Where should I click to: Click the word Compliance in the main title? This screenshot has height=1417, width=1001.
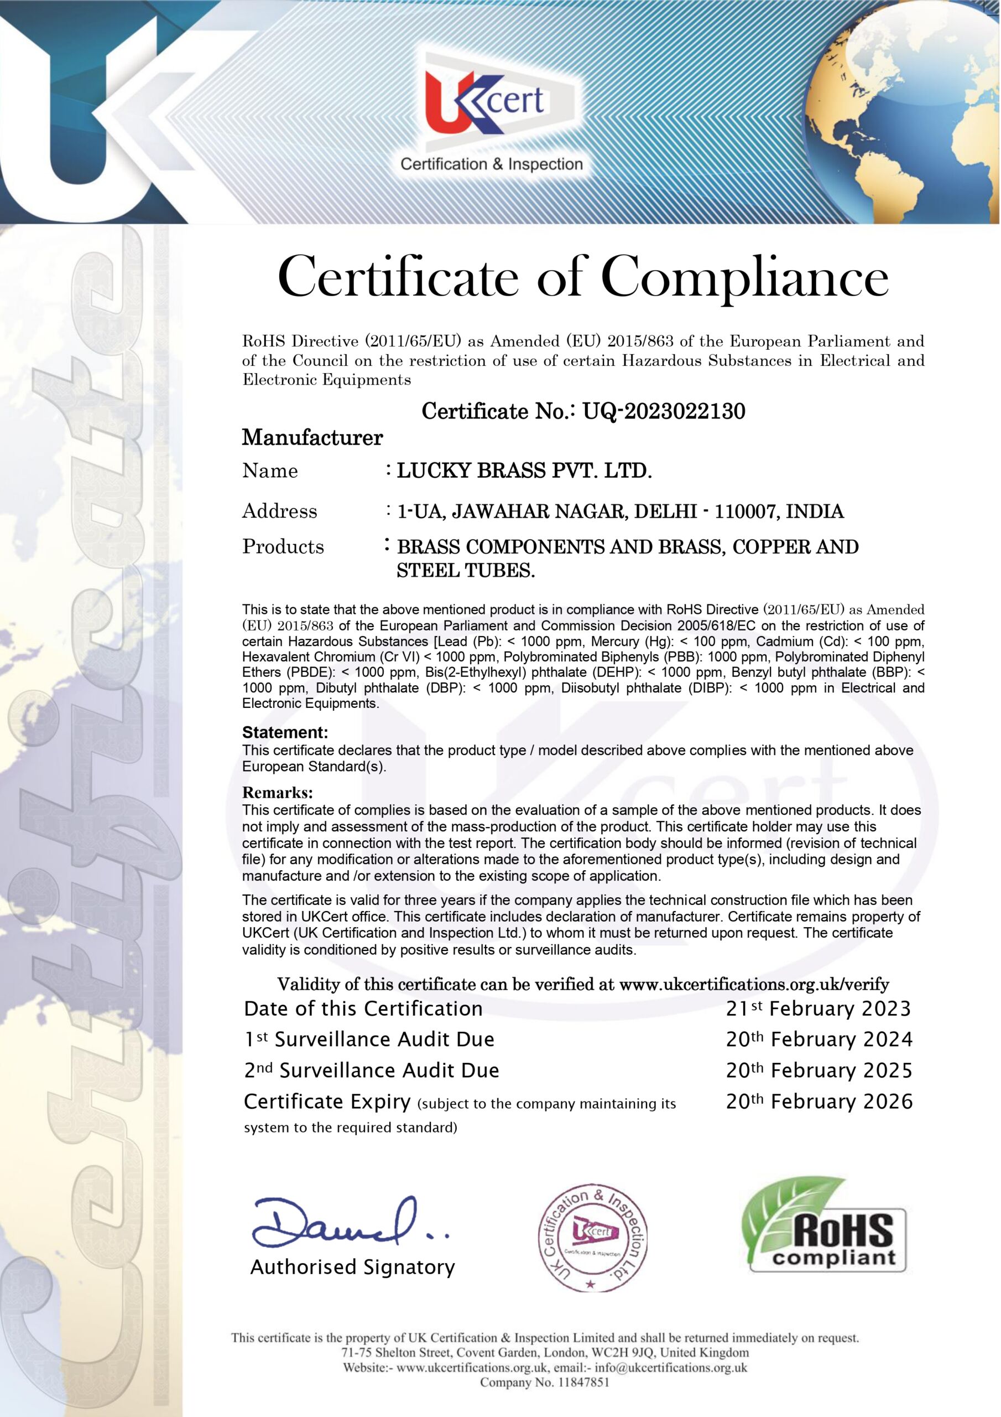744,277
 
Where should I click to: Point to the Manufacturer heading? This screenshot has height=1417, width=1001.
312,438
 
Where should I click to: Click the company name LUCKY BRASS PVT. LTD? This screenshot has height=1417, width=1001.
524,471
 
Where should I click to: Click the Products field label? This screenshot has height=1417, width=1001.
283,546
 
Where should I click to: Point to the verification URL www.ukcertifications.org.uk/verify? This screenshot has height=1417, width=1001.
754,984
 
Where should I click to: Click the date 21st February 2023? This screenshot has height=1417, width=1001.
818,1009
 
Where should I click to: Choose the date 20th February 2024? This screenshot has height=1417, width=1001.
818,1040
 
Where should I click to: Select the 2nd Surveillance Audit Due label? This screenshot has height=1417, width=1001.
371,1070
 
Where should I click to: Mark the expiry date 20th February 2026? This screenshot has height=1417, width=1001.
818,1101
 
